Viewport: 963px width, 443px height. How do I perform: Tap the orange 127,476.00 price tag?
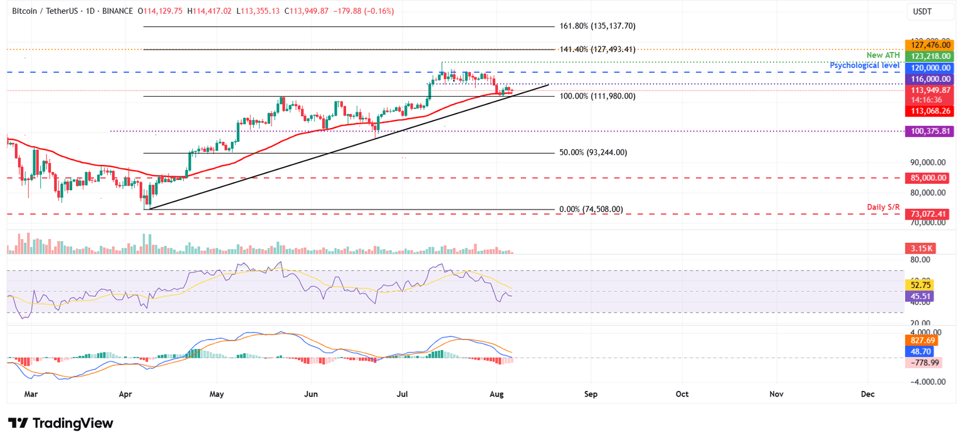927,45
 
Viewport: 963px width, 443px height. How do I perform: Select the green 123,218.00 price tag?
927,56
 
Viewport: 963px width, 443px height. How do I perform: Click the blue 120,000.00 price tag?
927,68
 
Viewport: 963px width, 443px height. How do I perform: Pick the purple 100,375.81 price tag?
927,131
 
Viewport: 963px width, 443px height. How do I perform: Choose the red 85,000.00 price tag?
927,178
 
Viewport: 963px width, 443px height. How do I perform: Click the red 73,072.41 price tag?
927,214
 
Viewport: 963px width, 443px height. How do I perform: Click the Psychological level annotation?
865,65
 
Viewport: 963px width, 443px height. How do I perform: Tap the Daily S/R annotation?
883,207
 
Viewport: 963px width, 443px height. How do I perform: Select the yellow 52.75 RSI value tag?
919,284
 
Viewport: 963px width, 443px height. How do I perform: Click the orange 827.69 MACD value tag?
919,340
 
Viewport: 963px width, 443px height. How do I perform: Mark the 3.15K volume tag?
919,248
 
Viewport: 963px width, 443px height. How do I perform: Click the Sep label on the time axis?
590,394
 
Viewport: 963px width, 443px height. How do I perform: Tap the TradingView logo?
61,424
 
